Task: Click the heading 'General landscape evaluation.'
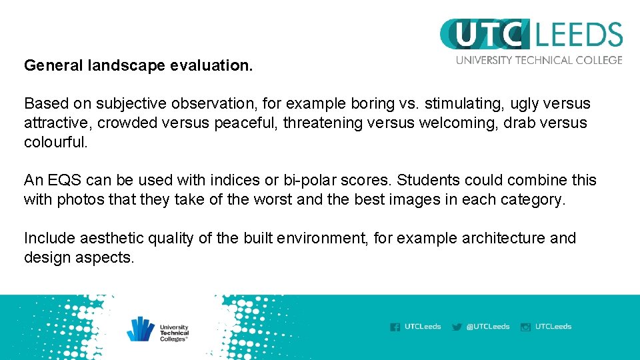[139, 66]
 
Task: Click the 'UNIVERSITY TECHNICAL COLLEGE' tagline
[539, 60]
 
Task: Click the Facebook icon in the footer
[395, 327]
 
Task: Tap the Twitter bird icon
[457, 327]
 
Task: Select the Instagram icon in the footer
[525, 327]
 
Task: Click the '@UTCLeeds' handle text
[488, 327]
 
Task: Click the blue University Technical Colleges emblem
[141, 329]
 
